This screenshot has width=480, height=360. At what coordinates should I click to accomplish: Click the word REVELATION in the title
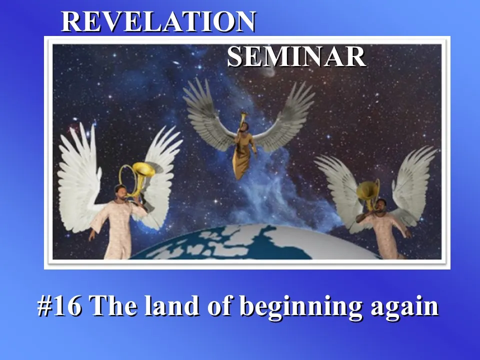click(158, 21)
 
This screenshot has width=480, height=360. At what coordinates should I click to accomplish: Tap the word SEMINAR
click(296, 56)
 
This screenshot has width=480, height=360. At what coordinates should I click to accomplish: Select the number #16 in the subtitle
click(59, 306)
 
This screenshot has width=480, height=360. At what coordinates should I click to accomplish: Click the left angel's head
click(120, 192)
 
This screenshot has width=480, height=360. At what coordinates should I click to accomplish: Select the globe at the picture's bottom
click(254, 243)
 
